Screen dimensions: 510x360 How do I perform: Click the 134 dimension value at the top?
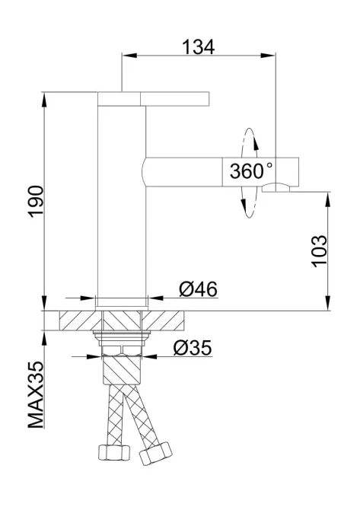click(199, 46)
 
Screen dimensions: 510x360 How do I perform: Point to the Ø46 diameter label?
click(198, 289)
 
